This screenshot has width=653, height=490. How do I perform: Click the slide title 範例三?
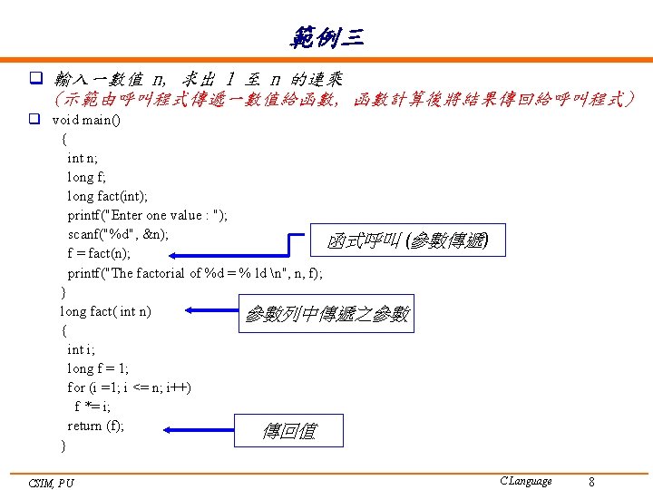click(x=326, y=37)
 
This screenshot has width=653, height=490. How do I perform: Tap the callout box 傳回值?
click(x=289, y=430)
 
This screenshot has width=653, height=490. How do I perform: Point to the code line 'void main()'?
click(x=90, y=119)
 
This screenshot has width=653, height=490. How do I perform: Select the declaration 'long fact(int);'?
click(x=108, y=196)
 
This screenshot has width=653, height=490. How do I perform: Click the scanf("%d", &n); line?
click(x=118, y=234)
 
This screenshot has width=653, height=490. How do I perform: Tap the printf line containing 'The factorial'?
click(x=195, y=272)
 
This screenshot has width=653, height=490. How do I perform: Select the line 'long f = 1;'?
click(x=98, y=368)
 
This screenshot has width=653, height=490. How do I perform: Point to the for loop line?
click(x=129, y=387)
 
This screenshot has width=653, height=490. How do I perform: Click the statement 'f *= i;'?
click(x=93, y=407)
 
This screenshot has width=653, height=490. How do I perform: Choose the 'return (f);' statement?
click(x=96, y=426)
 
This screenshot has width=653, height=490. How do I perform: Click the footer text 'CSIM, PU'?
click(x=52, y=483)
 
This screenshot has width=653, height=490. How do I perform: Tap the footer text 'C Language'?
click(x=525, y=481)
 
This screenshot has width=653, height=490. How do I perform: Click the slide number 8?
click(x=591, y=481)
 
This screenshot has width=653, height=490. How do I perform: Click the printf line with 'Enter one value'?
click(x=148, y=215)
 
